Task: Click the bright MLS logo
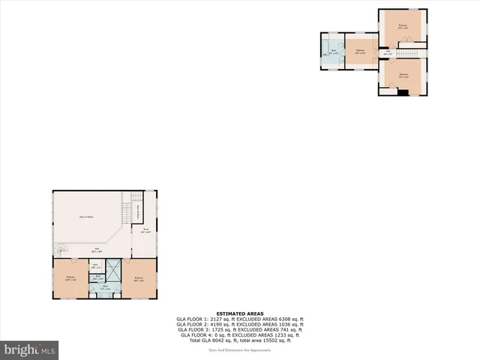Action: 30,349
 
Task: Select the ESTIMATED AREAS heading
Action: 239,313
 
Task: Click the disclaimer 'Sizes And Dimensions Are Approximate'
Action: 239,349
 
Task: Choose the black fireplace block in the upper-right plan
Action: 403,93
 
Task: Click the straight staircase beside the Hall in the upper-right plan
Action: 409,53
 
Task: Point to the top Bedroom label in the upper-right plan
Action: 403,26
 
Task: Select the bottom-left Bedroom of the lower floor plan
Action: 71,277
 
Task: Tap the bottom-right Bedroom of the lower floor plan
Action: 139,277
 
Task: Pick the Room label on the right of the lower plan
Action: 146,229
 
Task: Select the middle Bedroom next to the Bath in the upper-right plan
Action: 361,52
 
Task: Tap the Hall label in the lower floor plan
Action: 96,251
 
